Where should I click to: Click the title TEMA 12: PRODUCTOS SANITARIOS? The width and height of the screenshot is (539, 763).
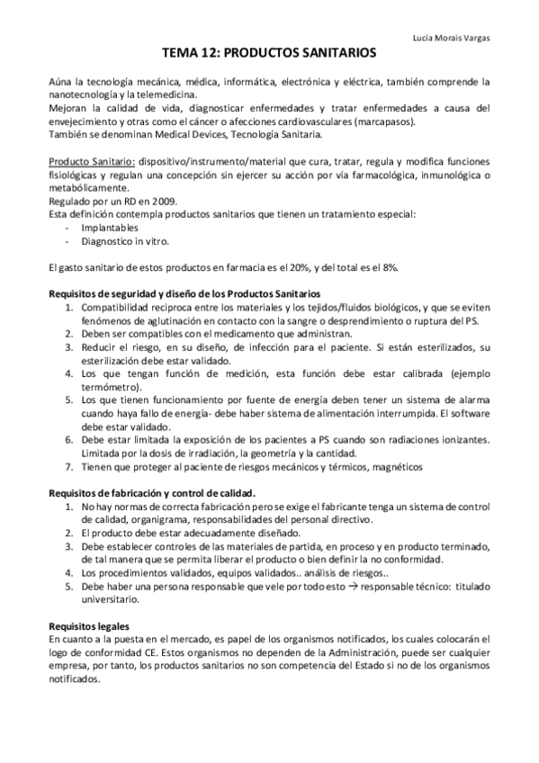coord(269,55)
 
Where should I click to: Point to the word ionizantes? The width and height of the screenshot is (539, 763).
coord(461,440)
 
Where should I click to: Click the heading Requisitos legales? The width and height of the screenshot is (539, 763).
coord(89,627)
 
